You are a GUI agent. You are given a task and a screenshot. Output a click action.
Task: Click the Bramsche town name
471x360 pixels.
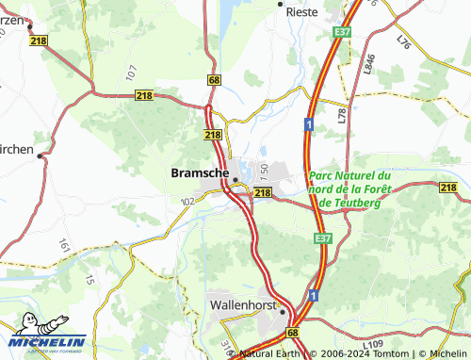(x=199, y=173)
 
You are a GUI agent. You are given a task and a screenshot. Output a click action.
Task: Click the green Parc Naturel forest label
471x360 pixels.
(x=349, y=188)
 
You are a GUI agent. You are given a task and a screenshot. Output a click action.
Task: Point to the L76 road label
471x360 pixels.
(x=404, y=42)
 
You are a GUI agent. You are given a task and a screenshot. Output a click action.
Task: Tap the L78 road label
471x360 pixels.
(x=341, y=115)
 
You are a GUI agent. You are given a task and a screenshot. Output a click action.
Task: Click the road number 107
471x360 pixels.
(x=131, y=72)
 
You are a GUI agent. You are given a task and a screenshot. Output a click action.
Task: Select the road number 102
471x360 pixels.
(x=187, y=201)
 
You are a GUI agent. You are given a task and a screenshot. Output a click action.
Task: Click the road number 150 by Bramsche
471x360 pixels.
(x=265, y=172)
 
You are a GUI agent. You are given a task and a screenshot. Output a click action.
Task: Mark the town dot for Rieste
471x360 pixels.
(x=280, y=5)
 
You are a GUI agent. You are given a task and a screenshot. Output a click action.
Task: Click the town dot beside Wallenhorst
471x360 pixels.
(x=282, y=311)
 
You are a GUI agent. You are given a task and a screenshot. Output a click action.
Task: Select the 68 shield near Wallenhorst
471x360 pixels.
(x=293, y=334)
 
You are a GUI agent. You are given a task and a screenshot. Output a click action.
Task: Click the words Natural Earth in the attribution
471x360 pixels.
(x=268, y=354)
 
